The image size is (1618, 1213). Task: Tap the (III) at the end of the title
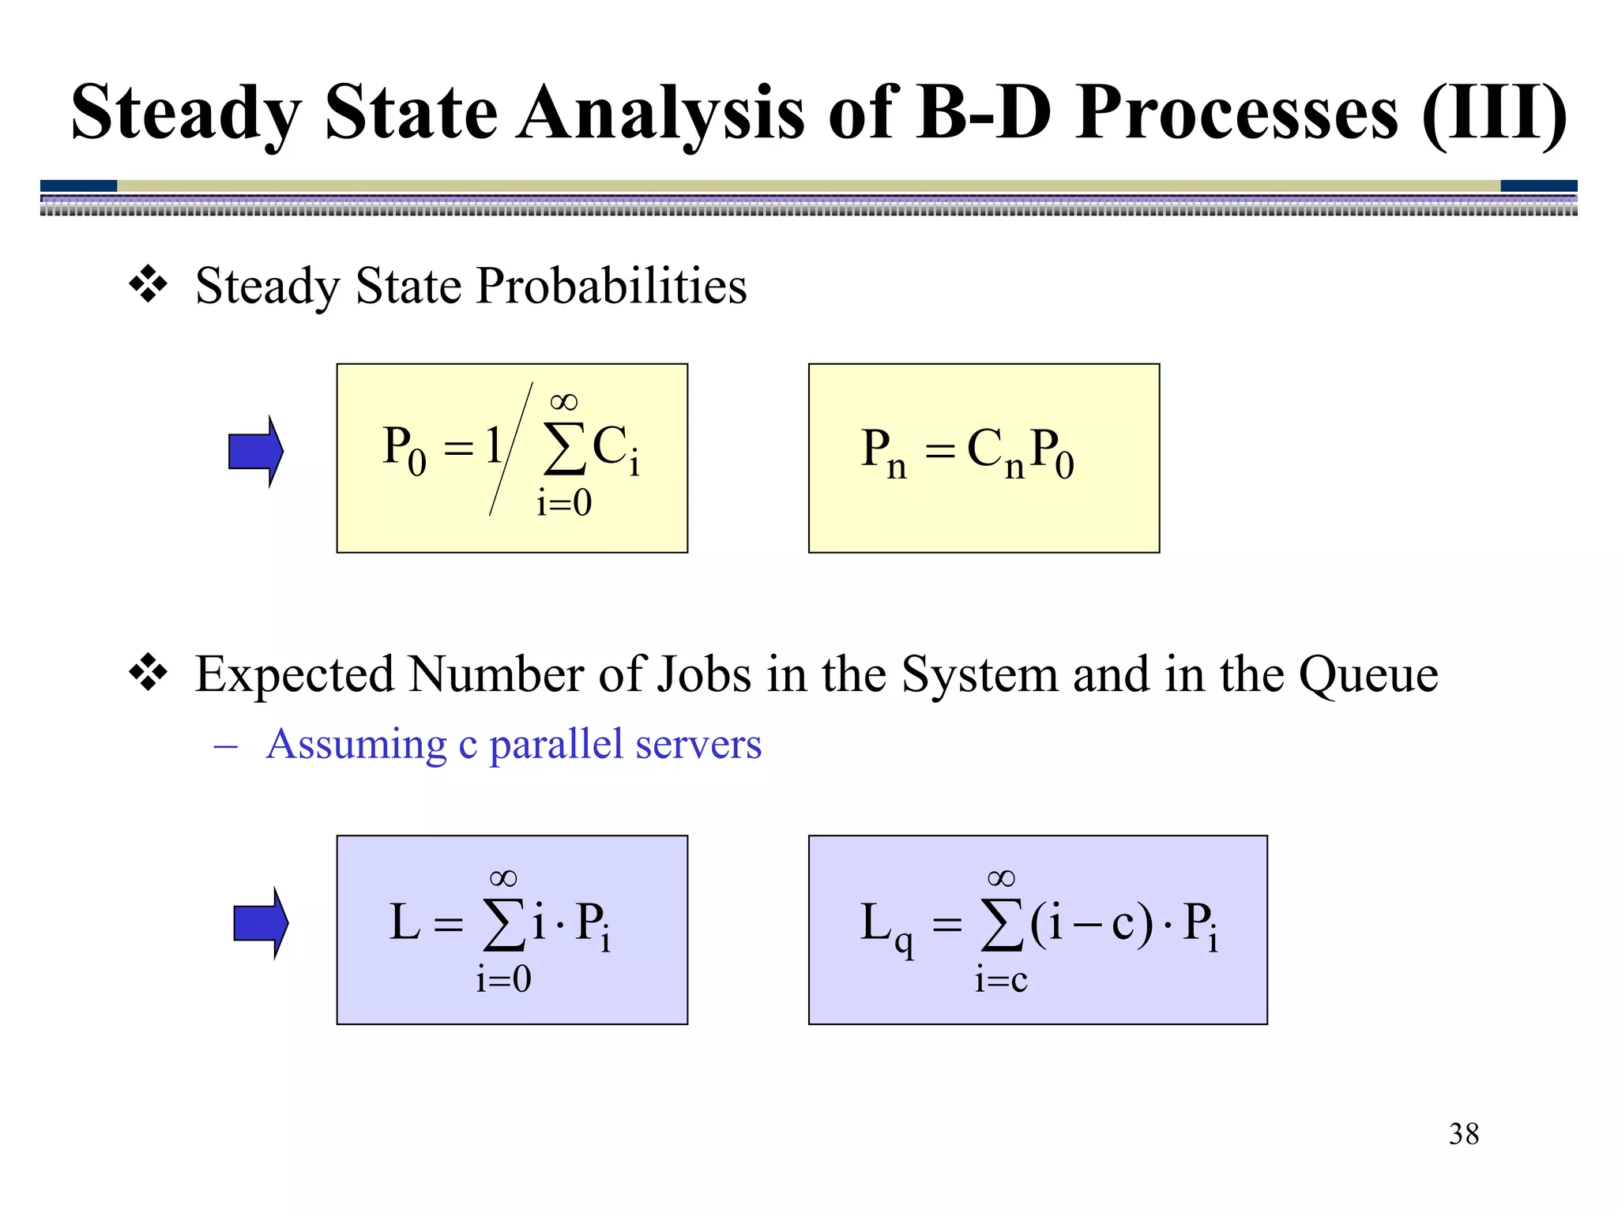(1493, 115)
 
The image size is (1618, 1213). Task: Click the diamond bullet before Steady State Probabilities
(149, 285)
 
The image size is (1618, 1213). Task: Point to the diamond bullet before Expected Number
(149, 674)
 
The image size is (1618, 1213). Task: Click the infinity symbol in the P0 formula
(563, 402)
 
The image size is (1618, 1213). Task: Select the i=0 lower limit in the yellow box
(563, 503)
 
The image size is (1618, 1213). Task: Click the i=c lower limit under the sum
(1001, 980)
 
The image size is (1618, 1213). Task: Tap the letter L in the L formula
(404, 922)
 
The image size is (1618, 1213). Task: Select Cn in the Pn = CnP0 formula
(995, 453)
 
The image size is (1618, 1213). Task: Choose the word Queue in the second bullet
(1368, 675)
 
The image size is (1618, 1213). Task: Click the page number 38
(1463, 1134)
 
